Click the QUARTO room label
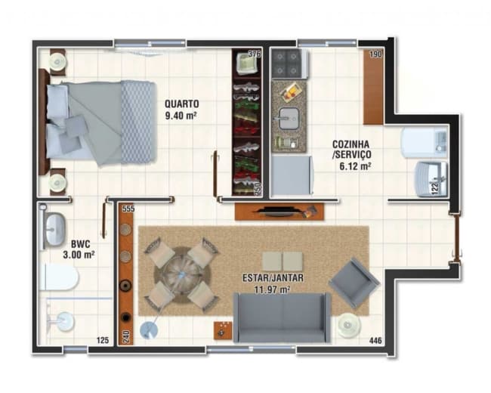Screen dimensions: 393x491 [x=182, y=104]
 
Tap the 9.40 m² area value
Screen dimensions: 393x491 [x=182, y=116]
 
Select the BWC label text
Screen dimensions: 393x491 [x=82, y=244]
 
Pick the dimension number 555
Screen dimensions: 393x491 [x=128, y=209]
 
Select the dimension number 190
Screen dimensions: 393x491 [x=375, y=56]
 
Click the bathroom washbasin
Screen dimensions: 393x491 [x=55, y=230]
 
